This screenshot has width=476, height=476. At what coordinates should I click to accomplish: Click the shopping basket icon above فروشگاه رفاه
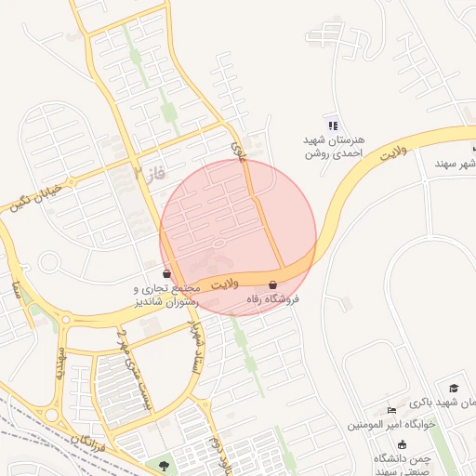point(272,284)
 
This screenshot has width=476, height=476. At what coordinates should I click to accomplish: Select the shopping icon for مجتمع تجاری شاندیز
point(166,274)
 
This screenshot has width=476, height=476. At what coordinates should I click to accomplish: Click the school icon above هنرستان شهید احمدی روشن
point(333,126)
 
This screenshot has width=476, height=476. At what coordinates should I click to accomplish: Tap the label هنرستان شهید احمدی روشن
point(334,145)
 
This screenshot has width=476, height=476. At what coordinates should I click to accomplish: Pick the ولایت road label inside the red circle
point(225,281)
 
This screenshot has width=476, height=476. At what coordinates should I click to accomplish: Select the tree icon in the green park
point(165,464)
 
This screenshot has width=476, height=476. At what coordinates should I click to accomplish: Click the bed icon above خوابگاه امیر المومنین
point(391,410)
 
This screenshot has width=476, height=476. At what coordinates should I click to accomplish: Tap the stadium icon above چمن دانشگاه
point(402,444)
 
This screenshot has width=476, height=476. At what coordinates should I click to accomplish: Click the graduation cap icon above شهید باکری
point(454,388)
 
